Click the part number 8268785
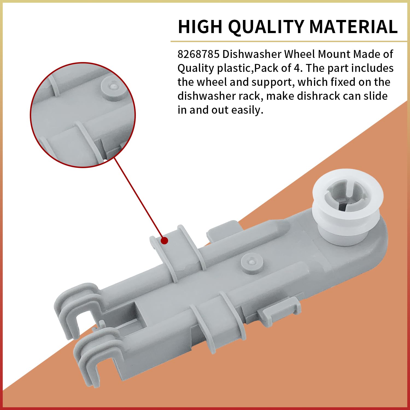198,54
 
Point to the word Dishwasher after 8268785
252,54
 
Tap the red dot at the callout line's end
164,241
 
